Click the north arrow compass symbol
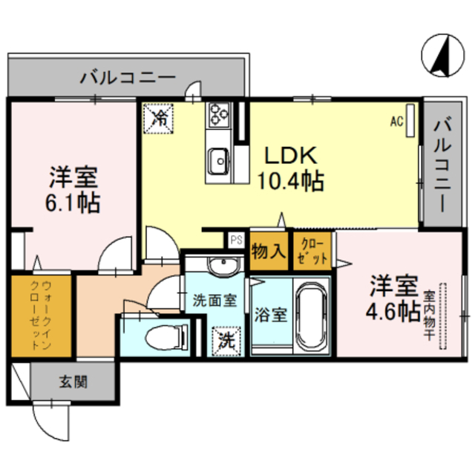click(442, 55)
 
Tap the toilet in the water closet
click(167, 336)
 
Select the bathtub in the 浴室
click(312, 317)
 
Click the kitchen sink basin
click(218, 161)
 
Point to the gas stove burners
click(219, 114)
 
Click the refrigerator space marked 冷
click(158, 118)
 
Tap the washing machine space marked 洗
click(226, 341)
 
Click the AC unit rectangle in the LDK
click(410, 120)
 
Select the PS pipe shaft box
click(236, 240)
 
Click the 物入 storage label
click(269, 251)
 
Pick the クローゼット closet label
click(312, 252)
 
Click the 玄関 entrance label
click(73, 381)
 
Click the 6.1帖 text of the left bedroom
click(73, 203)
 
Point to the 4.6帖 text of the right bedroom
click(393, 311)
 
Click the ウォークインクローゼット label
click(42, 315)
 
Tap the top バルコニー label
click(128, 77)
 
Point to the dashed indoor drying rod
click(443, 316)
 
